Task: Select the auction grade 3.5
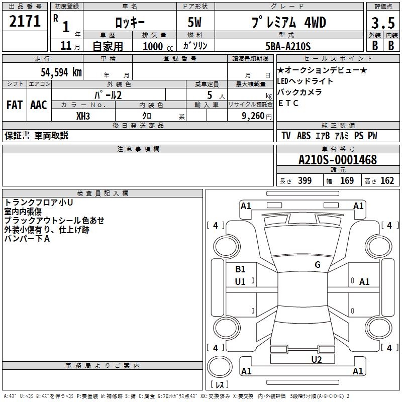[382, 22]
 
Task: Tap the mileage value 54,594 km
[61, 72]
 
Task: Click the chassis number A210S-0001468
[338, 160]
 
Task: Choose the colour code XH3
[83, 116]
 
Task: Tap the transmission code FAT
[14, 105]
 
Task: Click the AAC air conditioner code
[39, 105]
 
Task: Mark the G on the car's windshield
[317, 265]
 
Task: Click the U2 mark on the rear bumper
[316, 359]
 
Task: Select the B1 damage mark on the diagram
[240, 269]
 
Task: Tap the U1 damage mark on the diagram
[240, 282]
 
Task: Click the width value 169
[347, 181]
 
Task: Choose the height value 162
[387, 181]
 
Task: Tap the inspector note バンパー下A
[27, 238]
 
